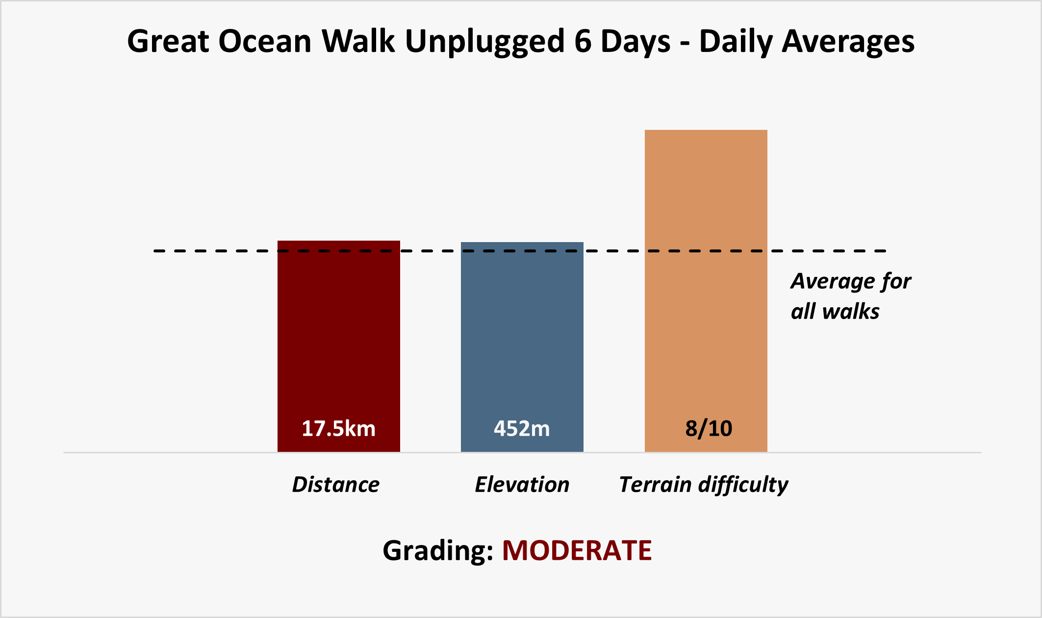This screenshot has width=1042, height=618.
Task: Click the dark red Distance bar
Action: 339,346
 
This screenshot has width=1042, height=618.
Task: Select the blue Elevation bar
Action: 522,347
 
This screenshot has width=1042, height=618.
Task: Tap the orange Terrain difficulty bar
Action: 706,291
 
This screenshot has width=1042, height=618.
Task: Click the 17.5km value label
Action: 338,429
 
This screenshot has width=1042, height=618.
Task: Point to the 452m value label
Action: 522,429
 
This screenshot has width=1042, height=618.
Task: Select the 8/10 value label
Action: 709,429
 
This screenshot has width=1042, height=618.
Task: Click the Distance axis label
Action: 336,485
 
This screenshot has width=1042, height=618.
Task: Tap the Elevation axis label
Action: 522,485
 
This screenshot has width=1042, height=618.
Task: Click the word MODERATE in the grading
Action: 577,550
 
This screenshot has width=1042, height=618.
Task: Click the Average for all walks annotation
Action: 851,296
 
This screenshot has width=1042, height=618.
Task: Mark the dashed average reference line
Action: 520,251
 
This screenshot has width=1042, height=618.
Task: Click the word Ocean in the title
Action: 265,41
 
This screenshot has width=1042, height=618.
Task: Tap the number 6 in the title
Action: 583,41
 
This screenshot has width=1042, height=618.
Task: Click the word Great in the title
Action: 168,41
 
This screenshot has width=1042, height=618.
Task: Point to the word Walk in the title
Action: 358,41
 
